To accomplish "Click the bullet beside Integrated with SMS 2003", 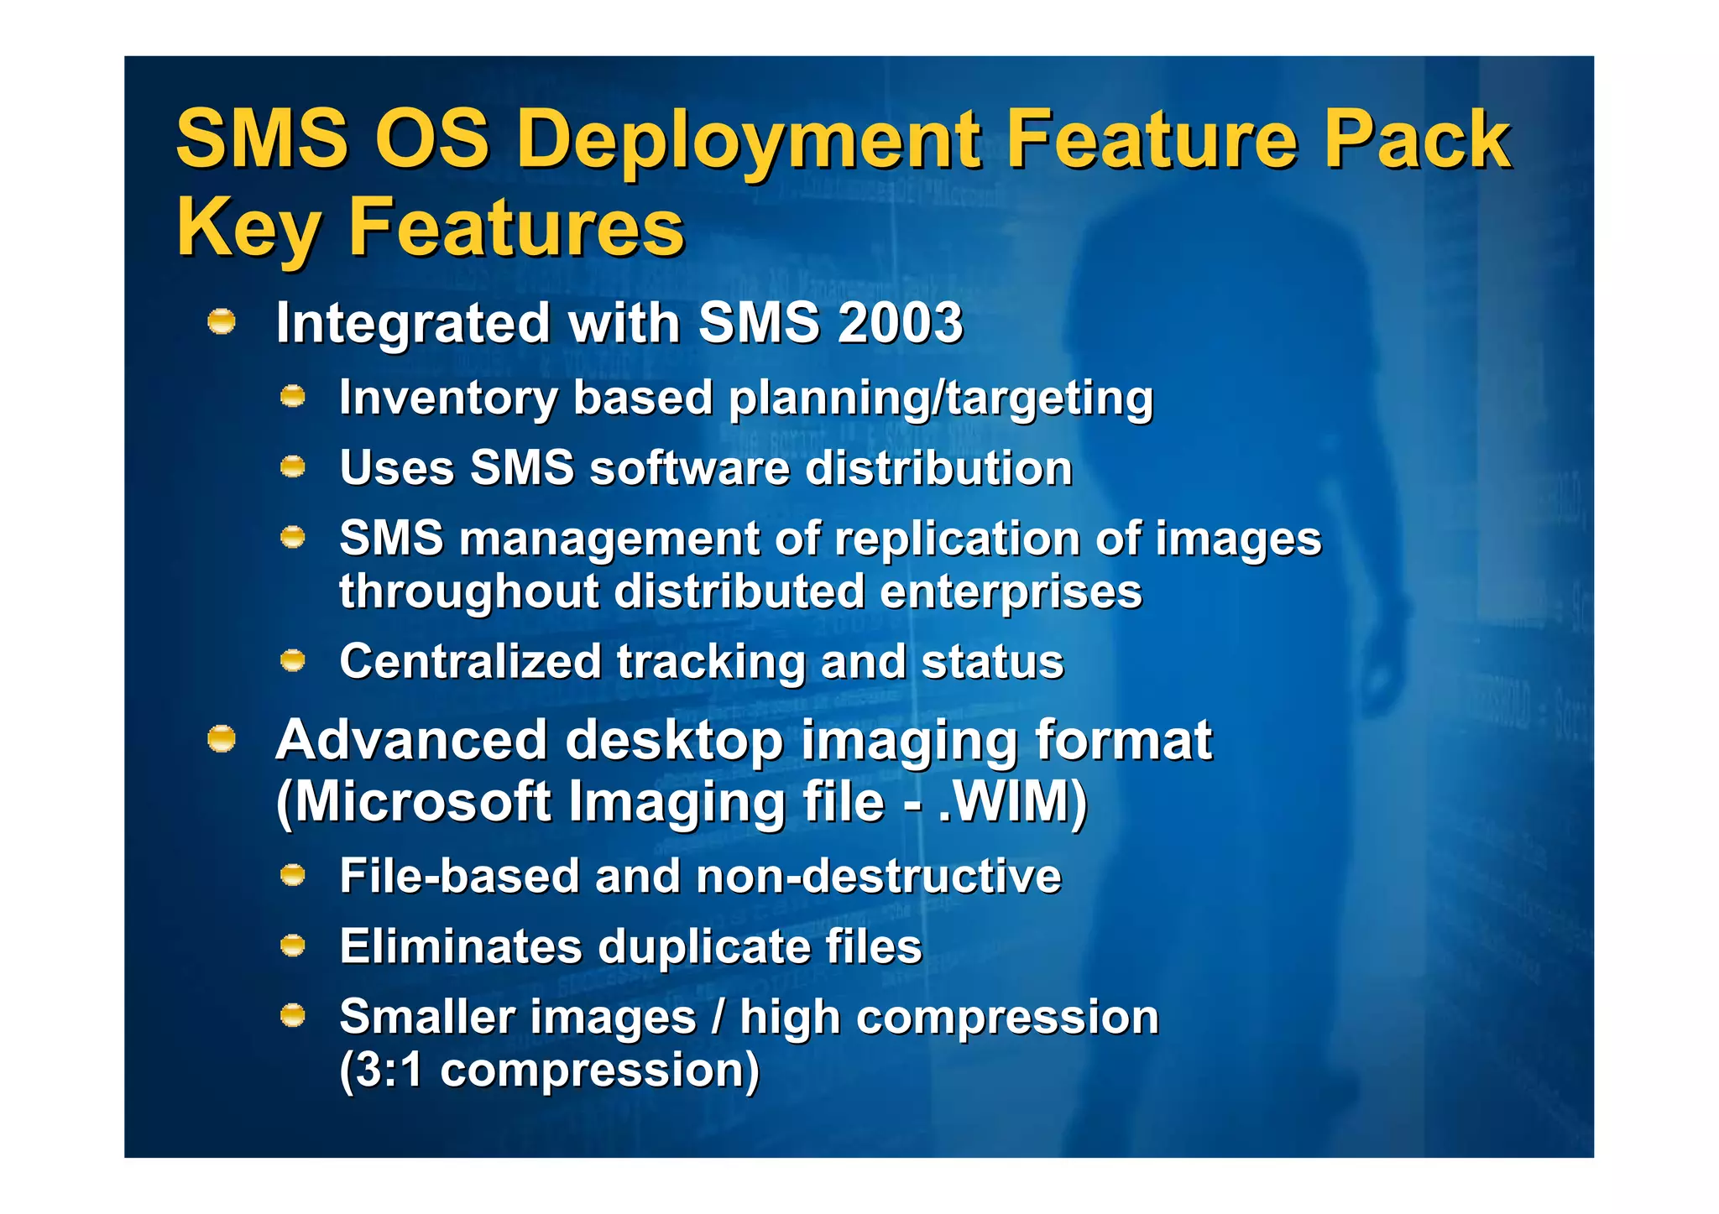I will coord(222,321).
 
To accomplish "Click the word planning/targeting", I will coord(941,399).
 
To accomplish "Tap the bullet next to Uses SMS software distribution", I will coord(292,466).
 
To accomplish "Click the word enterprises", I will coord(1011,592).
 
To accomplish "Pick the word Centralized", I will coord(470,662).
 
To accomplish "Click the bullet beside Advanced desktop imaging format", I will coord(222,739).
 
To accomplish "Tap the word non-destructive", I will coord(879,878).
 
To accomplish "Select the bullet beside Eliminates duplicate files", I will coord(292,946).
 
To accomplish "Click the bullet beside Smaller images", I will coord(292,1016).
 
